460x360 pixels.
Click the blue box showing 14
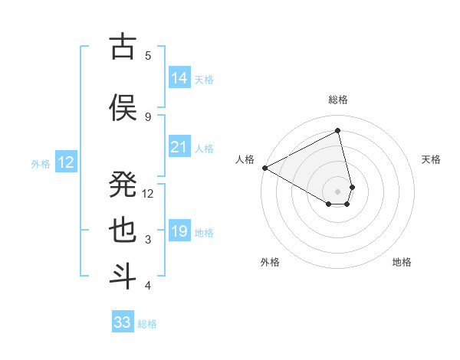(179, 78)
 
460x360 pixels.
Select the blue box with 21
(179, 147)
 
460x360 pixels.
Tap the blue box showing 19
(179, 231)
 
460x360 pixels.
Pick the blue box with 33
(123, 322)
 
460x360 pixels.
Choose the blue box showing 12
(66, 162)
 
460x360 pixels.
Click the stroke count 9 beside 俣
(148, 116)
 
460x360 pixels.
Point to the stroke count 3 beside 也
(148, 240)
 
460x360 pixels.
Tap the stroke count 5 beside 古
(148, 55)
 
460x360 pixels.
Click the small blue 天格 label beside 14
(204, 80)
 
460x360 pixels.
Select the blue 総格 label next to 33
(147, 324)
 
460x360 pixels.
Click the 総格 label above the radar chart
(337, 100)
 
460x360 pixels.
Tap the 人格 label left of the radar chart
(245, 159)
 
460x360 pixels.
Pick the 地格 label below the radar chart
(402, 262)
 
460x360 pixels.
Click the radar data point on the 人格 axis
(264, 168)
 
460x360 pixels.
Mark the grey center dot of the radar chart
(337, 191)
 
